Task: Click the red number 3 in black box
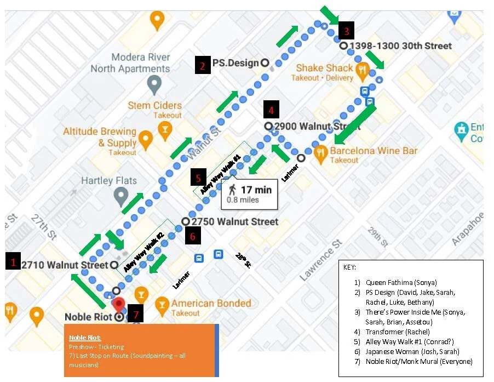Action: tap(346, 28)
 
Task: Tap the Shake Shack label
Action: tap(324, 68)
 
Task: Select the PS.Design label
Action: tap(235, 63)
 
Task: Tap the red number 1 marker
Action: tap(13, 262)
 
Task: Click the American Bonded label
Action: tap(211, 303)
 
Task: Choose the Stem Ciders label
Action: tap(154, 105)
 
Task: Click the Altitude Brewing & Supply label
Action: tap(99, 137)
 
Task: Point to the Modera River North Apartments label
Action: tap(130, 63)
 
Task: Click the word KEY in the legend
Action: tap(349, 267)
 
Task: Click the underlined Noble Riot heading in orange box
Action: tap(85, 338)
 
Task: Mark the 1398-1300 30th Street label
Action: tap(400, 46)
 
